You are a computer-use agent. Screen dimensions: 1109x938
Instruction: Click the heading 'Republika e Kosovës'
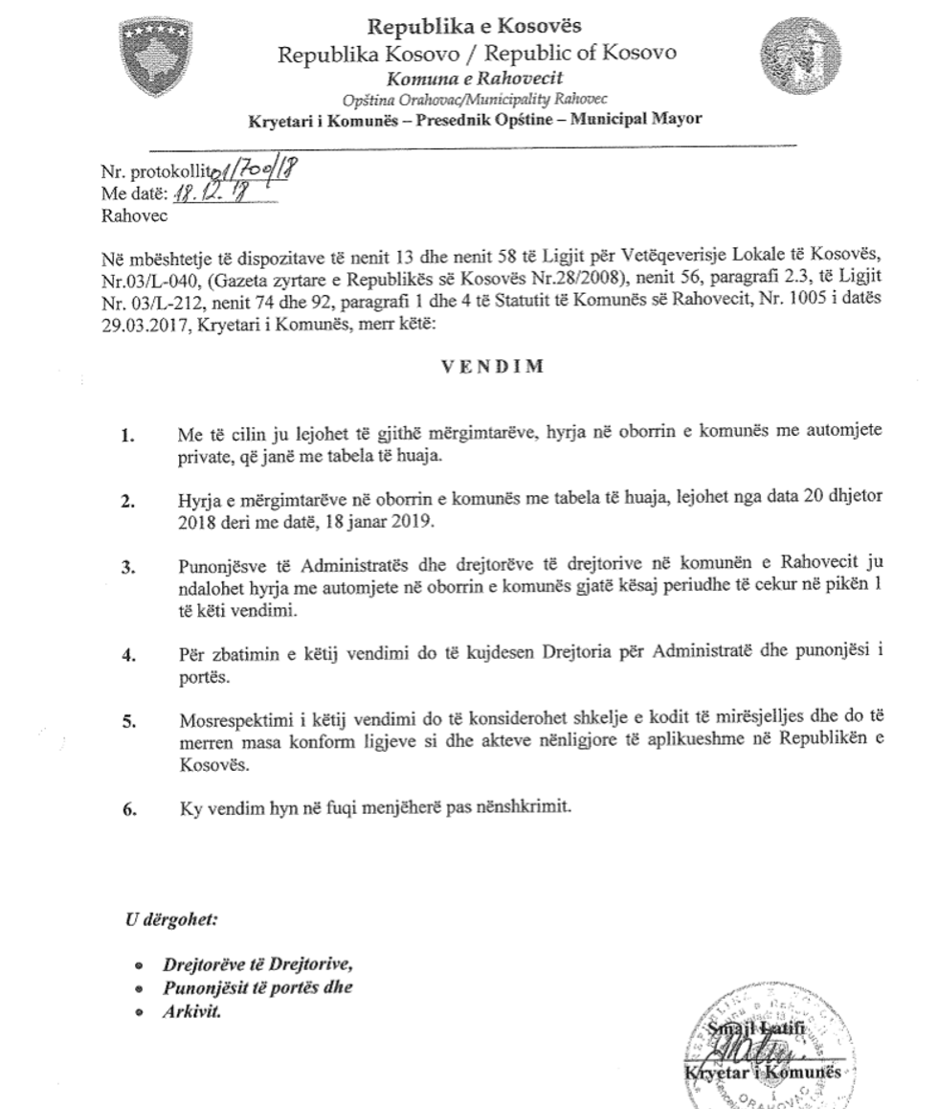475,26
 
